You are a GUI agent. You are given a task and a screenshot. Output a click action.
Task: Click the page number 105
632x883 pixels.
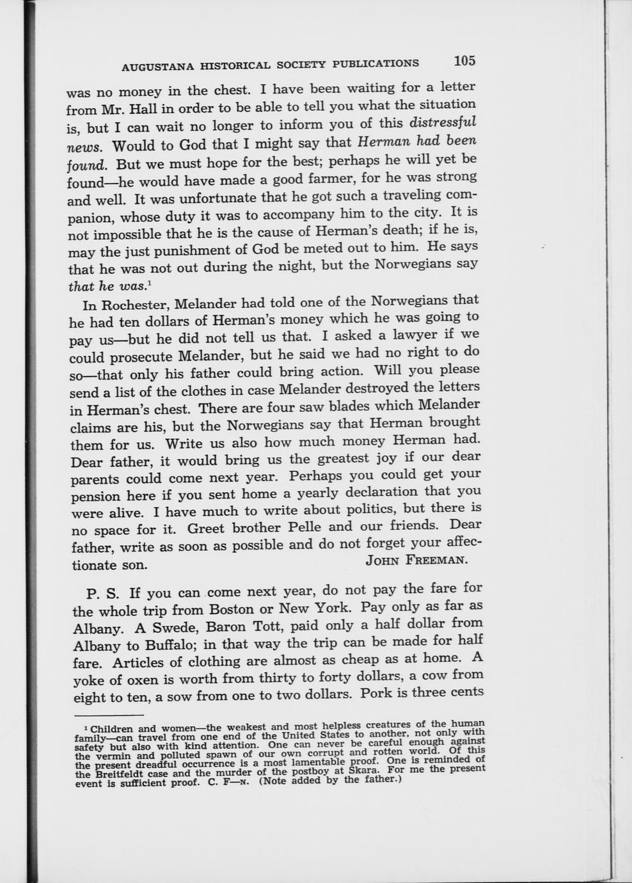465,61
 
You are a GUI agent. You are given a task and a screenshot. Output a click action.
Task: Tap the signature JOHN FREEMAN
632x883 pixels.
416,560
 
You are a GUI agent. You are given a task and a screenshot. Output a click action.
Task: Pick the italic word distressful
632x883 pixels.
443,122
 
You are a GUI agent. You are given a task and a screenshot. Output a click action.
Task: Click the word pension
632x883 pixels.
95,497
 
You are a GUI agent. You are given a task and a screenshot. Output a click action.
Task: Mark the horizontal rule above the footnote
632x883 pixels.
109,715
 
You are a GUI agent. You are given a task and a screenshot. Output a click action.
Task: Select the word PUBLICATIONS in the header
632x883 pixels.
379,63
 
